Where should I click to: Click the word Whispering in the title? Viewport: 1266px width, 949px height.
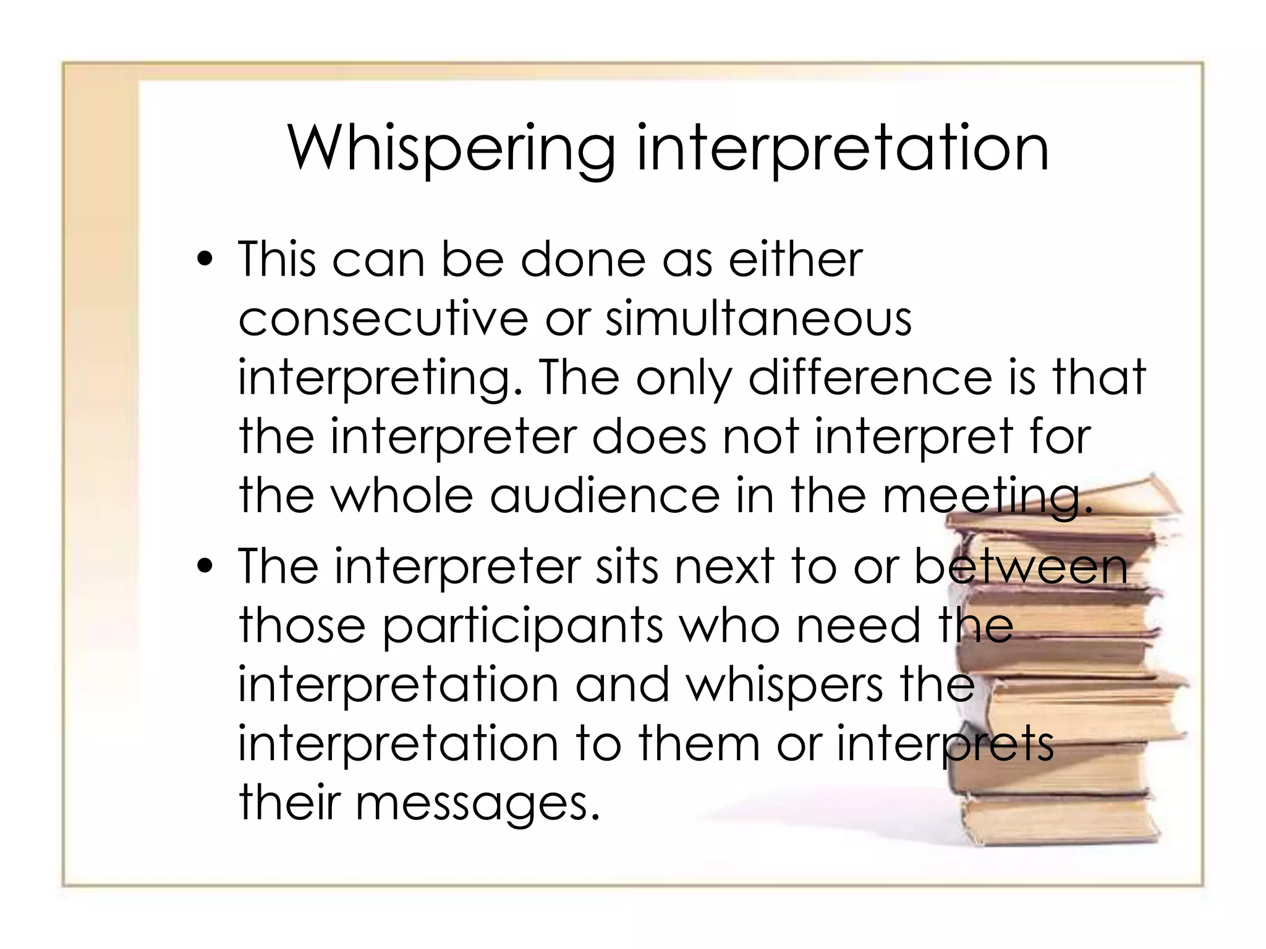tap(451, 150)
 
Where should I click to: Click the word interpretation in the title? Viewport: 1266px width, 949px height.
tap(843, 150)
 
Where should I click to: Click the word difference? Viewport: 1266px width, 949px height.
tap(870, 377)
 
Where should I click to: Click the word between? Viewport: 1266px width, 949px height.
tap(1021, 567)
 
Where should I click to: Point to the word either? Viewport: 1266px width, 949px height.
tap(795, 260)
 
